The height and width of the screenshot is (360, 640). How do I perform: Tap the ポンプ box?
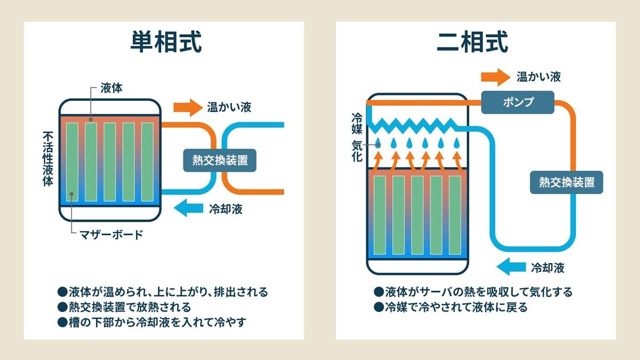(518, 102)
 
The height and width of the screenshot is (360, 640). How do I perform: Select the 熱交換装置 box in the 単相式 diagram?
(220, 159)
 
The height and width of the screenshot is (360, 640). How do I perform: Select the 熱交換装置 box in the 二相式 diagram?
(566, 182)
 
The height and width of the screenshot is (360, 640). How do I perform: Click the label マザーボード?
(111, 234)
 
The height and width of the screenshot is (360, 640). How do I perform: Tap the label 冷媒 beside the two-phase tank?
(357, 123)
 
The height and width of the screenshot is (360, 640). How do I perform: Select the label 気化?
(357, 150)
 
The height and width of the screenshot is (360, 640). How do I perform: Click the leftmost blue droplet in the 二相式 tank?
(378, 143)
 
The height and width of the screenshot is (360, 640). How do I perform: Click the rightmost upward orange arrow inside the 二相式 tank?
(457, 159)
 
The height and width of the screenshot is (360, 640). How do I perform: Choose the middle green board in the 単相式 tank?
(109, 162)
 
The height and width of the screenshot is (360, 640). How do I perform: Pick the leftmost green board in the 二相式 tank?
(380, 215)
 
